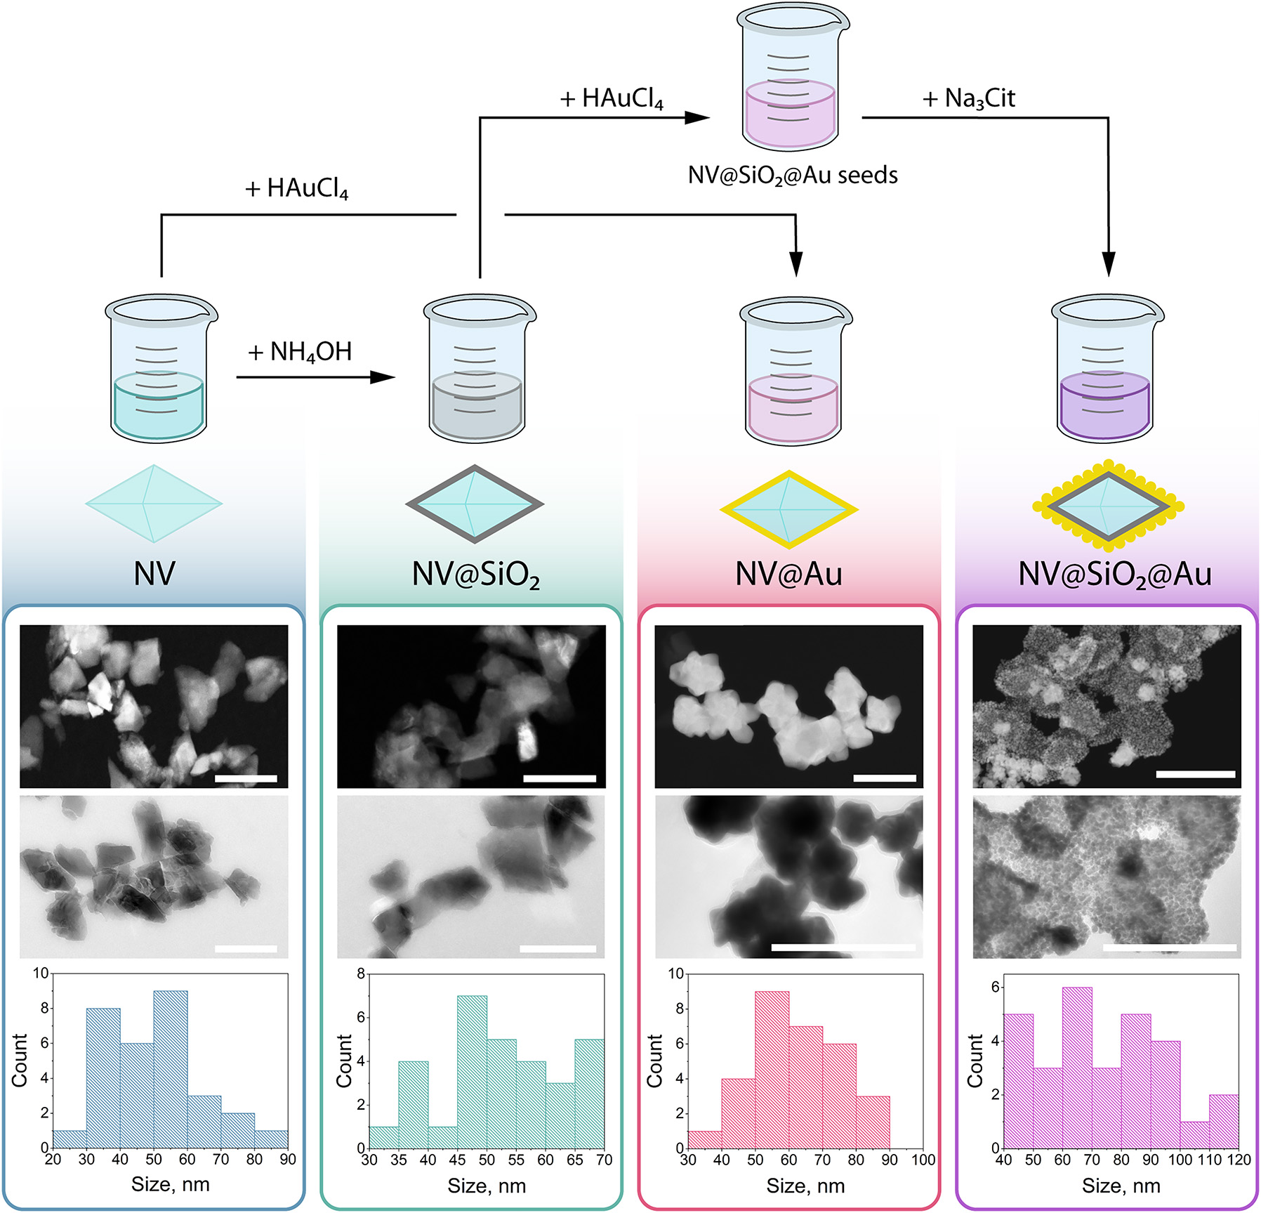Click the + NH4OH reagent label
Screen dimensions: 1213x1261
[300, 352]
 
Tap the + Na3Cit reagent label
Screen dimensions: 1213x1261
[969, 98]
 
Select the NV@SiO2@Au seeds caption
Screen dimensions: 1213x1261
[793, 175]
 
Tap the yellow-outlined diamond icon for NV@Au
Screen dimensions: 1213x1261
[789, 509]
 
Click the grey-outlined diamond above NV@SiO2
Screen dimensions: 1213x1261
[475, 504]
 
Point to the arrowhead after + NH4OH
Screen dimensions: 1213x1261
[383, 377]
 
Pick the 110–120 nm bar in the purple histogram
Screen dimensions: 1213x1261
[1224, 1120]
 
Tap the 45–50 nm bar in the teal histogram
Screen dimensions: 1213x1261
[472, 1071]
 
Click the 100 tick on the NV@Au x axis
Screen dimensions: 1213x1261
[923, 1160]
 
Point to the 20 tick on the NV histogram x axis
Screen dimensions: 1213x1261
[53, 1159]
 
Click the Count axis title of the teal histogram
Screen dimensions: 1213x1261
[344, 1061]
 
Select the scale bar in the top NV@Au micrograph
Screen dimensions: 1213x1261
[885, 778]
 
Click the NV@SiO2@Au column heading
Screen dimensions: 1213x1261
[1115, 575]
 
